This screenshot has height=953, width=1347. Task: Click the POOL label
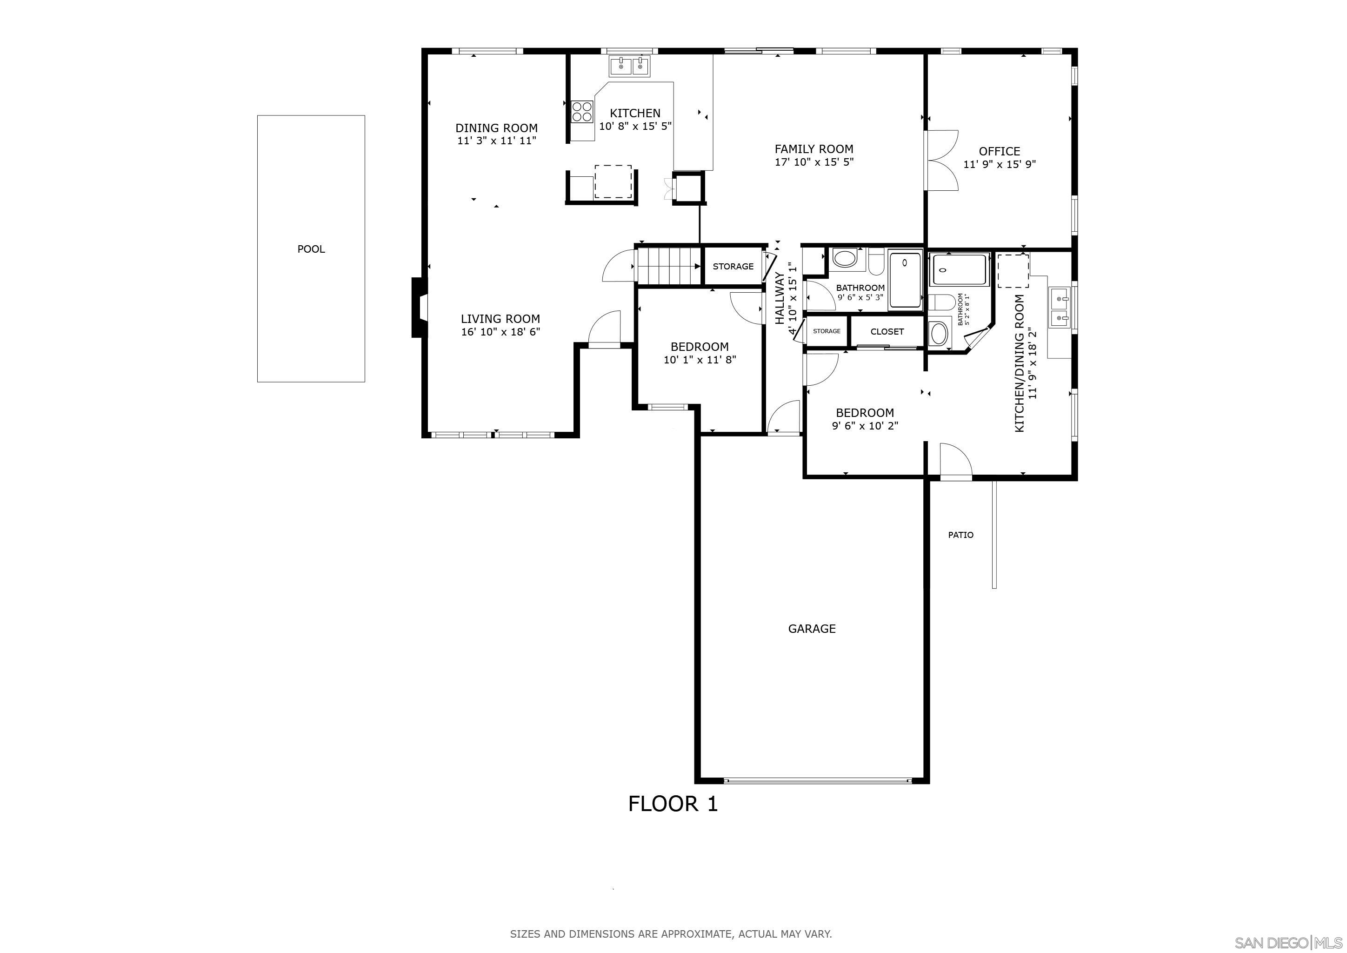(311, 249)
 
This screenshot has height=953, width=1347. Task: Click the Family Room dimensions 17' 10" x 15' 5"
(814, 162)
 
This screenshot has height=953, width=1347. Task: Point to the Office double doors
(941, 160)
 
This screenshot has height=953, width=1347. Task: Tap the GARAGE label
(811, 629)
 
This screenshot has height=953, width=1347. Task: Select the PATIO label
(960, 535)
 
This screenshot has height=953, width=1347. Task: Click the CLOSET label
(887, 332)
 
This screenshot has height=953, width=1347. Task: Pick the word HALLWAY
(780, 298)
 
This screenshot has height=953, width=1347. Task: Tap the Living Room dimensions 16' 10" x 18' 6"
(500, 332)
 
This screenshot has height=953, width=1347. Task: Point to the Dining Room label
(496, 128)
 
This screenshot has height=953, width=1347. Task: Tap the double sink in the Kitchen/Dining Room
(1060, 307)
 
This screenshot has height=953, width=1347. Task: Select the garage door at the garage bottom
(817, 781)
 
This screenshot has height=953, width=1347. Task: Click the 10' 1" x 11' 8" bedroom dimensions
(699, 360)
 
